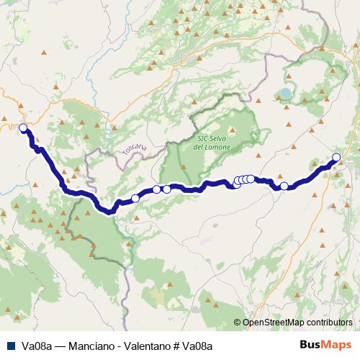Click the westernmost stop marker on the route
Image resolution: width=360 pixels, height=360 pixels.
point(22,128)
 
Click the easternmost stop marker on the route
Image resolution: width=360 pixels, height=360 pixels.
point(336,158)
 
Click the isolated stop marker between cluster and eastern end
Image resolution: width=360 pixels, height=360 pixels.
point(284,186)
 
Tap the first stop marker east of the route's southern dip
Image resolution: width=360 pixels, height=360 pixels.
point(135,198)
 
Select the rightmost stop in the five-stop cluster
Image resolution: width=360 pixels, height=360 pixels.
point(251,179)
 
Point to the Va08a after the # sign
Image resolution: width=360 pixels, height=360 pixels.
point(197,346)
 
